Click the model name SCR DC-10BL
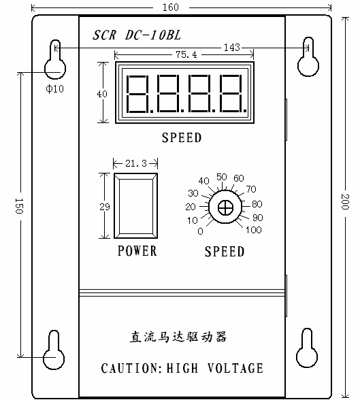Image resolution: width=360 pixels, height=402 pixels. click(x=137, y=35)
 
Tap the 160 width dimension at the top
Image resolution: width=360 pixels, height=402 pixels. click(x=171, y=7)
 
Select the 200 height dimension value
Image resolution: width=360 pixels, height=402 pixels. click(x=346, y=202)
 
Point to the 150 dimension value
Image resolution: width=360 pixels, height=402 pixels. click(x=19, y=206)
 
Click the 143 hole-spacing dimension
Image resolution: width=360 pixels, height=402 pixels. click(x=232, y=48)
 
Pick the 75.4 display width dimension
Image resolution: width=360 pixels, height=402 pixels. click(x=186, y=54)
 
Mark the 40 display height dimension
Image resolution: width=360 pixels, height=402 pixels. click(x=102, y=94)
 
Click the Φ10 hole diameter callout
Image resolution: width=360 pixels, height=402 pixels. click(x=54, y=88)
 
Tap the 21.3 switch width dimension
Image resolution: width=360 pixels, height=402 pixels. click(x=136, y=163)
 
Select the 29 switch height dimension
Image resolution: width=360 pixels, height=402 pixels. click(x=105, y=207)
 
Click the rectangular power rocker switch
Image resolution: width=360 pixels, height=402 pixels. click(x=135, y=206)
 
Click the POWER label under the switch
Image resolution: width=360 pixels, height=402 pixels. click(x=137, y=250)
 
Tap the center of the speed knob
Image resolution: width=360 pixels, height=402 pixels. click(x=225, y=207)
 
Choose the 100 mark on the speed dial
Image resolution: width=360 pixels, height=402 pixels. click(x=254, y=230)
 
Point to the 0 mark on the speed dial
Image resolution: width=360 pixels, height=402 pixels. click(x=201, y=231)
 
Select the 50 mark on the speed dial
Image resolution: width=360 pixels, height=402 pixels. click(x=222, y=177)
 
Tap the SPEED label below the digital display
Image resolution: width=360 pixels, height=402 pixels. click(x=182, y=137)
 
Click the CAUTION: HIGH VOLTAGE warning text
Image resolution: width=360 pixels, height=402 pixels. click(x=182, y=368)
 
